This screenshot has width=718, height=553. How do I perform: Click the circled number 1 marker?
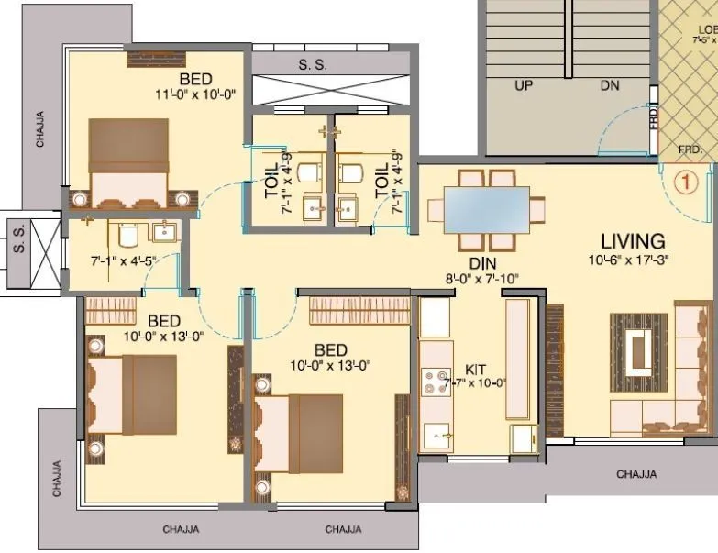(x=682, y=182)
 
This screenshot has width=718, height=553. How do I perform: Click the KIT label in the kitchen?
(x=476, y=369)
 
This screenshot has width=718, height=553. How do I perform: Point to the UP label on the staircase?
(x=524, y=85)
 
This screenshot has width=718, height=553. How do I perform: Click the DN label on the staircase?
(x=610, y=85)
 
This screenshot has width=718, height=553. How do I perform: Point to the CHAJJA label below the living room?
(x=635, y=474)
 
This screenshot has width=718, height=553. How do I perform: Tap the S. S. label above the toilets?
(x=313, y=64)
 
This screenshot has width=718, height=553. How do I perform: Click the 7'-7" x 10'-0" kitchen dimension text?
(x=476, y=383)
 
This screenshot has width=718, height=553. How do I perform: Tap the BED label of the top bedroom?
(x=196, y=78)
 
